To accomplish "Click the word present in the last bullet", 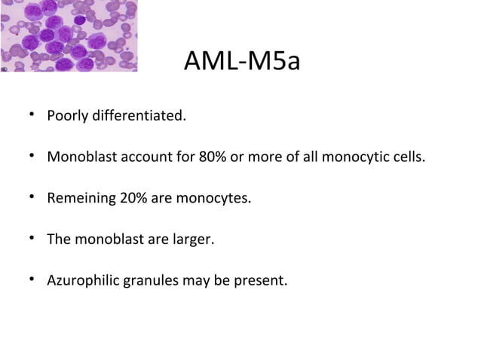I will (264, 281).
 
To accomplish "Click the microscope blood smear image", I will (69, 35).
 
